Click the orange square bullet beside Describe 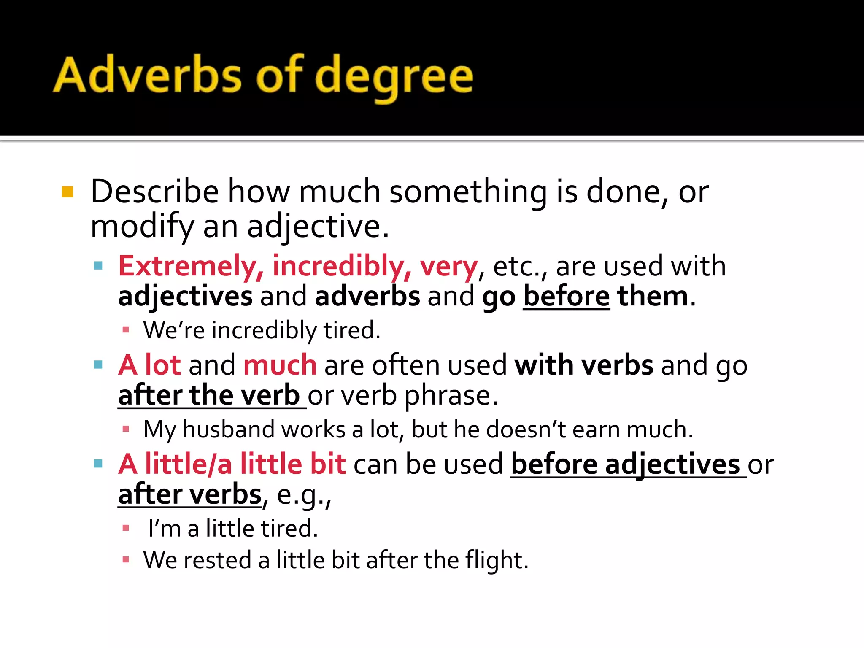(x=67, y=192)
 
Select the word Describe (x=154, y=192)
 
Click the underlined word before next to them (x=566, y=297)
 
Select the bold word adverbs (x=367, y=297)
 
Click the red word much (x=280, y=365)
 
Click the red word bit (x=328, y=464)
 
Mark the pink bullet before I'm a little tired (x=125, y=528)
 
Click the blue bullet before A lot (x=98, y=365)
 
